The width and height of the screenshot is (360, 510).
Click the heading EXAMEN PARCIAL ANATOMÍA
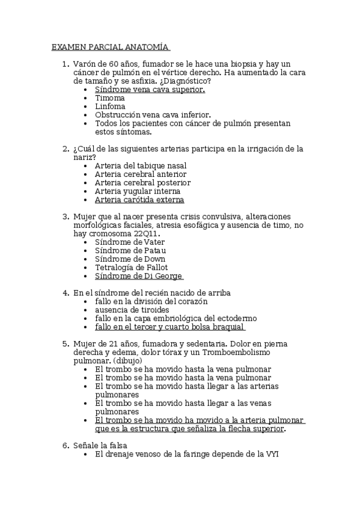[109, 46]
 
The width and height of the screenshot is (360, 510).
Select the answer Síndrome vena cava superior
[150, 89]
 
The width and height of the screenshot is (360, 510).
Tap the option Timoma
[110, 97]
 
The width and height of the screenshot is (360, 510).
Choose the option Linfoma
[111, 106]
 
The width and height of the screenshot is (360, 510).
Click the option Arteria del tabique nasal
[141, 165]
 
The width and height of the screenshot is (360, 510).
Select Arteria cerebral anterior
[141, 174]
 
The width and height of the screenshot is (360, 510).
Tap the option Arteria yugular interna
[138, 191]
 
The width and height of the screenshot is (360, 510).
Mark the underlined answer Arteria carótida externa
[139, 199]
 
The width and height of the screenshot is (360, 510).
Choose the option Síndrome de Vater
[130, 242]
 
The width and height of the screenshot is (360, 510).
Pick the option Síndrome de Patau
[130, 250]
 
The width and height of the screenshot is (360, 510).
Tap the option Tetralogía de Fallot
[132, 267]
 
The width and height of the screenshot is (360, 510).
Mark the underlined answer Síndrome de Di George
[138, 275]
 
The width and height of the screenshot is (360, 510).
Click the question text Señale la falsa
[100, 446]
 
